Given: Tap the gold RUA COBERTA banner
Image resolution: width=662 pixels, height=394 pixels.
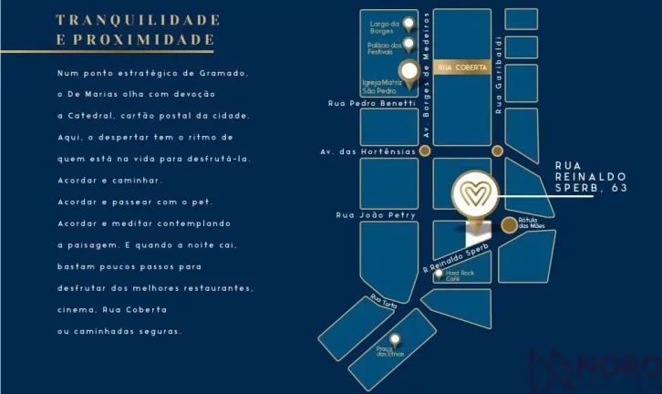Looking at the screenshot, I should tap(463, 67).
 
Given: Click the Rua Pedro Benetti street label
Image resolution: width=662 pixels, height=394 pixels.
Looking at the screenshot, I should tap(371, 103).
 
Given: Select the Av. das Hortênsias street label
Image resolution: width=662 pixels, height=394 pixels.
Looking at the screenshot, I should tap(366, 151).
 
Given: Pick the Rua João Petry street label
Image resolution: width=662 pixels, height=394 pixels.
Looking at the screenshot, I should tap(376, 215).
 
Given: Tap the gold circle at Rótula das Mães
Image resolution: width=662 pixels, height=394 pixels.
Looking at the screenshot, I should tap(509, 224).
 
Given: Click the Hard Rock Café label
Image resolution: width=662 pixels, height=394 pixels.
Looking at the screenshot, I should tap(460, 275).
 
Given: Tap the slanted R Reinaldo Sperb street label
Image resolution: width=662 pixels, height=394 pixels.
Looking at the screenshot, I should tap(456, 258).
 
